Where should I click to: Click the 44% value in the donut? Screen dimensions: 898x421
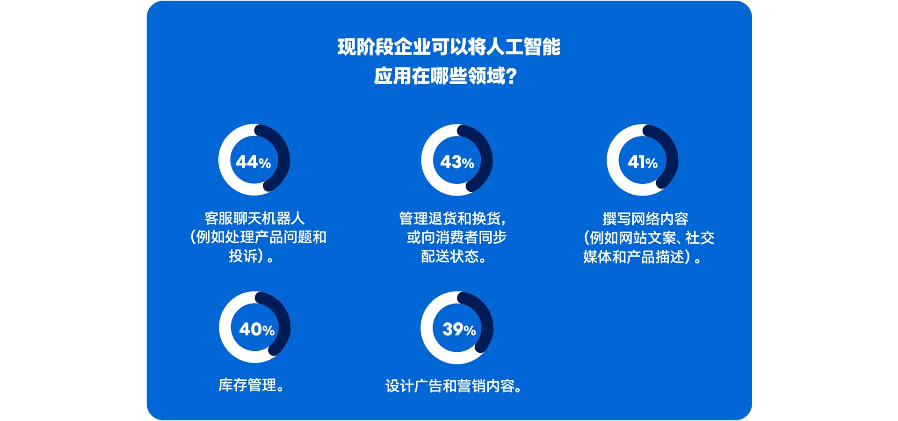[253, 162]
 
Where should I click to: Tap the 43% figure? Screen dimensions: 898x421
[457, 162]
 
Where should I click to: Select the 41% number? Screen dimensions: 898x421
[643, 162]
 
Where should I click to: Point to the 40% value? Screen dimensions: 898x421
[257, 329]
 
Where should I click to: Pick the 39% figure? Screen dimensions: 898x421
[459, 329]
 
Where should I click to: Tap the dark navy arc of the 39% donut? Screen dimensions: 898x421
[486, 323]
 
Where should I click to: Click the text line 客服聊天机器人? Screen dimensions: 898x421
[255, 218]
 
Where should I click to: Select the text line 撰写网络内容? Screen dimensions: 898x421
[645, 218]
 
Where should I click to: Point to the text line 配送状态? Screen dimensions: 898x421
[449, 256]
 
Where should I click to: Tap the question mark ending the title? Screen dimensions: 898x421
[511, 76]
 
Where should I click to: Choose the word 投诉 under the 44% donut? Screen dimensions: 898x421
[243, 256]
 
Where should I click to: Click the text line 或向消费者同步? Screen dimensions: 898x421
[456, 237]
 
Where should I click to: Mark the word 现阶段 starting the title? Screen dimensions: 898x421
[365, 47]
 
